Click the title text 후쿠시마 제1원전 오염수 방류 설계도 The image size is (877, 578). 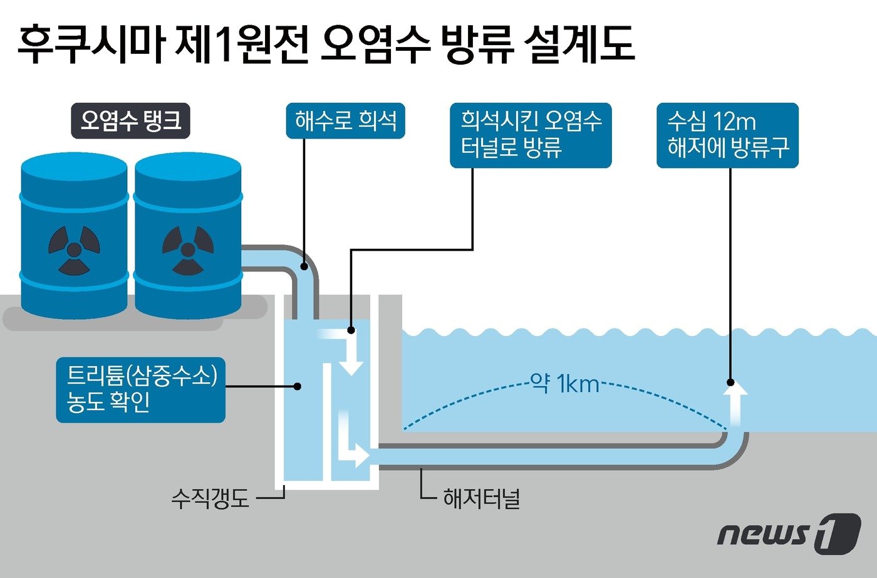tap(326, 46)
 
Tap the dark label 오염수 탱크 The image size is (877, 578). tap(130, 120)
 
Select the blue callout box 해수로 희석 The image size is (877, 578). tap(345, 120)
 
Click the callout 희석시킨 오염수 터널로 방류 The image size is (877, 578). tap(531, 135)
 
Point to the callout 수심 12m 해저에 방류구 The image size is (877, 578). tap(727, 135)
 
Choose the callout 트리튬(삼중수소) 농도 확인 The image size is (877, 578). tap(140, 389)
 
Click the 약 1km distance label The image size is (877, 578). tap(564, 383)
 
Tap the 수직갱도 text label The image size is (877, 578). tap(210, 499)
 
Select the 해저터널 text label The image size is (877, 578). tap(481, 499)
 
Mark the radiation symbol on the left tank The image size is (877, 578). tap(74, 250)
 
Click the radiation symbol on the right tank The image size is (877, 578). tap(187, 250)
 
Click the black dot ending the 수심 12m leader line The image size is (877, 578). tap(730, 382)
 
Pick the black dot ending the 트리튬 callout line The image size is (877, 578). tap(298, 386)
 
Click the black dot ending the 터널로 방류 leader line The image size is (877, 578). tap(351, 330)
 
